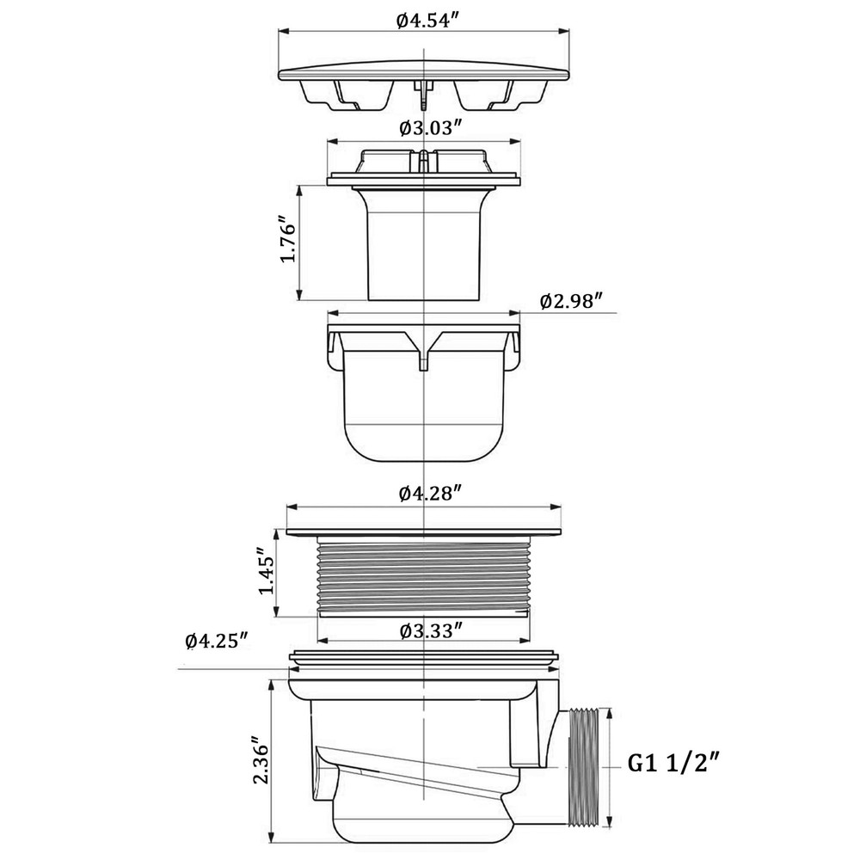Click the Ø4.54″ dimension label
click(x=427, y=21)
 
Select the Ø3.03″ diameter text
click(x=429, y=128)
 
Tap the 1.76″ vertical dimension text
click(x=288, y=242)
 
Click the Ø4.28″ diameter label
click(x=428, y=494)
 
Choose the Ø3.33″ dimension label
click(x=429, y=630)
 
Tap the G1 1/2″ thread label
click(x=674, y=764)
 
